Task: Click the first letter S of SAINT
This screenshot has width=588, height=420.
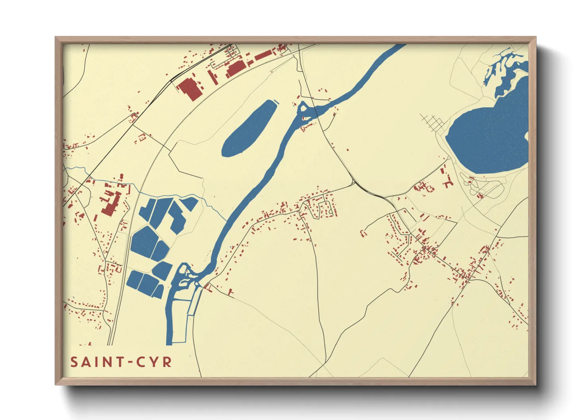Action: tap(74, 362)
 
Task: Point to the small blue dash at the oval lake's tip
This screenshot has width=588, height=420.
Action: tap(277, 102)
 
